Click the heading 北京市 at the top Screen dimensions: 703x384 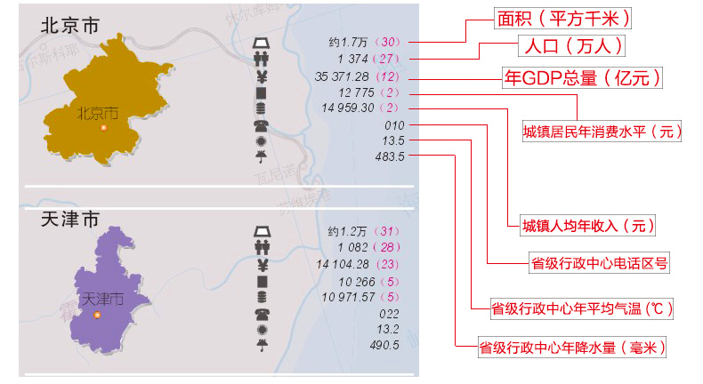(70, 26)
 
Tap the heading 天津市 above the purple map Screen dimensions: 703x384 (70, 219)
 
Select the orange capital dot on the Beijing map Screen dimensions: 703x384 (103, 128)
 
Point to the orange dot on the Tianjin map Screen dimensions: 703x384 (97, 315)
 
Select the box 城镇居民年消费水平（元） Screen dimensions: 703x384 (602, 132)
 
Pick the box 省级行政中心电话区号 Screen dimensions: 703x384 (598, 262)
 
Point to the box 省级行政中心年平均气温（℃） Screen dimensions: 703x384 (582, 308)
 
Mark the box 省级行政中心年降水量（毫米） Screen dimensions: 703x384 (572, 347)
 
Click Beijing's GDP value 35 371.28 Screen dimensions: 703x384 (342, 76)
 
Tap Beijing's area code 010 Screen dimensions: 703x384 (394, 125)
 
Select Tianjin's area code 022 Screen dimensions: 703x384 (390, 313)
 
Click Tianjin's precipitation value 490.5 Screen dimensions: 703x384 (384, 344)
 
